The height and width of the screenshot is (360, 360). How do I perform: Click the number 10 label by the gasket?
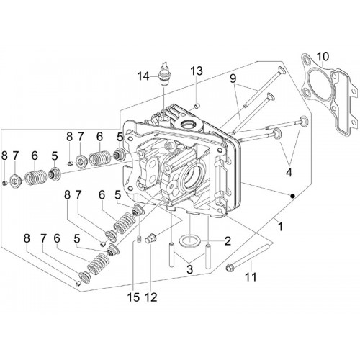pyautogui.click(x=323, y=57)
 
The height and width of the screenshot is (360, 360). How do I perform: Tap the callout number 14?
pyautogui.click(x=144, y=77)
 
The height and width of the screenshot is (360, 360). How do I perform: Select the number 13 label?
pyautogui.click(x=197, y=71)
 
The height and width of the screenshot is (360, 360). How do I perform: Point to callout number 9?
pyautogui.click(x=233, y=78)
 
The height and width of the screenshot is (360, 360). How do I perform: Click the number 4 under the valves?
pyautogui.click(x=289, y=172)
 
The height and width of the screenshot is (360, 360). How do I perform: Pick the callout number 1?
pyautogui.click(x=280, y=227)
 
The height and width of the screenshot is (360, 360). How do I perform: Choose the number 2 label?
pyautogui.click(x=228, y=240)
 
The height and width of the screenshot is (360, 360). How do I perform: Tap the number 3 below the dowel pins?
pyautogui.click(x=189, y=269)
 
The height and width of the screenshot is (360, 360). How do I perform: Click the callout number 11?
pyautogui.click(x=251, y=277)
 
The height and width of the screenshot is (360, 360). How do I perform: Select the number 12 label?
pyautogui.click(x=151, y=297)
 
